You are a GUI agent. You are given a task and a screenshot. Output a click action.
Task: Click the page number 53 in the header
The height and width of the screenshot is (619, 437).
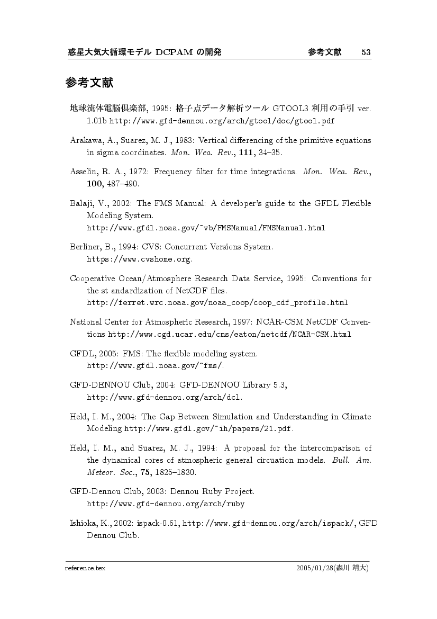pos(366,52)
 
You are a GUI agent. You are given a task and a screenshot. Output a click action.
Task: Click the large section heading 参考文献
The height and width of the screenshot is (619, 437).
pos(90,83)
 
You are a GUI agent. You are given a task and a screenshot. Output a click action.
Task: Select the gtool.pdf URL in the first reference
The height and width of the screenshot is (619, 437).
pos(222,121)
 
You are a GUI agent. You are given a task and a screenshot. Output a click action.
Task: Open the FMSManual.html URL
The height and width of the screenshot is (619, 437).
pos(205,228)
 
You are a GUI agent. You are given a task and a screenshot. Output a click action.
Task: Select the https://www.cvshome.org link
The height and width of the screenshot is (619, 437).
pos(139,259)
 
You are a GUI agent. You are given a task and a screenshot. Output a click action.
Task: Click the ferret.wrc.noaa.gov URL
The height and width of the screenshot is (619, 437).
pos(217,303)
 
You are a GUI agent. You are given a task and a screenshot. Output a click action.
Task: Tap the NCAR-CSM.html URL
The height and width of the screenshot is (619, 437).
pos(230,334)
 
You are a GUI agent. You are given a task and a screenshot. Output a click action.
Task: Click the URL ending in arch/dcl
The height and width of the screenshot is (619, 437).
pos(164,397)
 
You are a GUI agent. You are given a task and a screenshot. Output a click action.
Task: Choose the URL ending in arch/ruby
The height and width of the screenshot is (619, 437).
pos(165,503)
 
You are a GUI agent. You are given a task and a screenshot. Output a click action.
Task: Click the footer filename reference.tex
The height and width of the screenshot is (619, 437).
pos(85,568)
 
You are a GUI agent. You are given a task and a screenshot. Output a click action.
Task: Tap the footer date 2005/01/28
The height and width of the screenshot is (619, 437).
pos(314,568)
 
